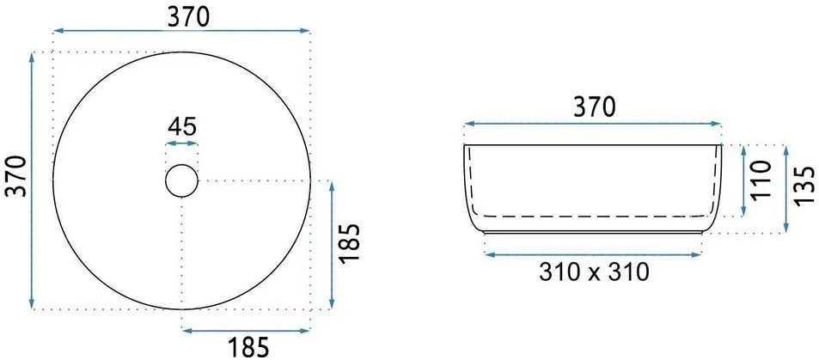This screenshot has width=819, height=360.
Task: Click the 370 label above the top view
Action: tap(188, 17)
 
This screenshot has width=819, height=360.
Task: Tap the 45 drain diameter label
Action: tap(182, 126)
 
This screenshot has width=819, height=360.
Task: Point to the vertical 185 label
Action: tap(351, 243)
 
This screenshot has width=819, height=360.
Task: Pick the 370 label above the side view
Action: tap(595, 107)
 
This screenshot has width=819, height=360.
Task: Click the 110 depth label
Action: tap(762, 179)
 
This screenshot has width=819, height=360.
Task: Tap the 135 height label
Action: tap(804, 186)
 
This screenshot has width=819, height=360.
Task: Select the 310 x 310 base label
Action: tap(594, 272)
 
